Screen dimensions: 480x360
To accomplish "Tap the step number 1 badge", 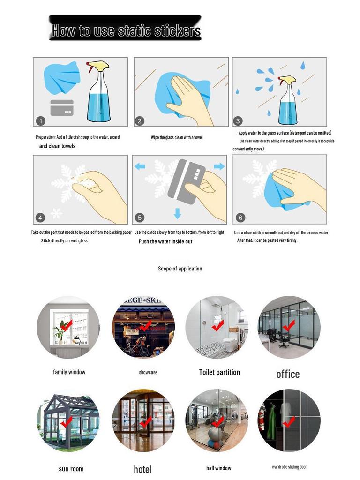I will pyautogui.click(x=41, y=121).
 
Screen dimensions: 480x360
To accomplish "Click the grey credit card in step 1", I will pyautogui.click(x=62, y=108).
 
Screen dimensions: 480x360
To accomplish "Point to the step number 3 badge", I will pyautogui.click(x=238, y=121).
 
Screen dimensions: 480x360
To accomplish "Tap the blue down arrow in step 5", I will pyautogui.click(x=177, y=214).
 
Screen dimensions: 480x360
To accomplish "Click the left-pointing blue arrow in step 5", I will pyautogui.click(x=140, y=166).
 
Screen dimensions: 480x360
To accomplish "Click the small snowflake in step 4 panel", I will pyautogui.click(x=56, y=213).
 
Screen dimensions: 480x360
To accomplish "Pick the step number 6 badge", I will pyautogui.click(x=240, y=217).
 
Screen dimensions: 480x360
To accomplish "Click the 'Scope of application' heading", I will pyautogui.click(x=180, y=269).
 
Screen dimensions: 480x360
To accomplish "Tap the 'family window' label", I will pyautogui.click(x=69, y=372).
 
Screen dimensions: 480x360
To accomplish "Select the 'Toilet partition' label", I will pyautogui.click(x=219, y=372).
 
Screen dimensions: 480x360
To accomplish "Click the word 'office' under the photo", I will pyautogui.click(x=288, y=374).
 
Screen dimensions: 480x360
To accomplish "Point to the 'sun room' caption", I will pyautogui.click(x=71, y=469).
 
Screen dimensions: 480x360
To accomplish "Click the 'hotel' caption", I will pyautogui.click(x=142, y=469).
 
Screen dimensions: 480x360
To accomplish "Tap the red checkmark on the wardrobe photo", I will pyautogui.click(x=289, y=421).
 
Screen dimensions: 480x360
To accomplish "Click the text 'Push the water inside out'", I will pyautogui.click(x=165, y=241).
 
